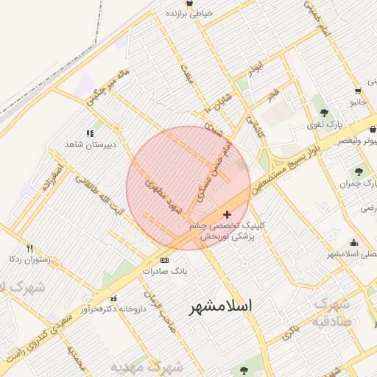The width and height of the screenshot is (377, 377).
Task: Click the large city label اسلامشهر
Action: click(x=221, y=305)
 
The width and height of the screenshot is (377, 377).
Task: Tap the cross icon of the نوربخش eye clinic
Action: click(x=226, y=214)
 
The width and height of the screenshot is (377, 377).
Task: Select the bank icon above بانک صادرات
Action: click(x=163, y=260)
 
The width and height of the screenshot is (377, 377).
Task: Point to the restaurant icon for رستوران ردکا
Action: click(x=29, y=248)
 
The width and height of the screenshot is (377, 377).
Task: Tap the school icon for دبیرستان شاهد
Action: click(x=90, y=133)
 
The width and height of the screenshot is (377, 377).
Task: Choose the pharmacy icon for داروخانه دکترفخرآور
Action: click(x=113, y=298)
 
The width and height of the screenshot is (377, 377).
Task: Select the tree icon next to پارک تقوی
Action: click(x=325, y=113)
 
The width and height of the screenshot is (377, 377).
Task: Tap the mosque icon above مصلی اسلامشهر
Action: click(x=354, y=243)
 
